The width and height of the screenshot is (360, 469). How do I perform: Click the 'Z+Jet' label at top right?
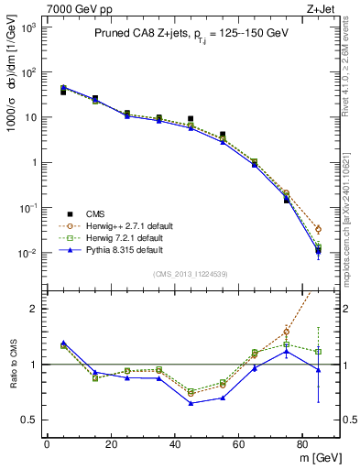point(322,8)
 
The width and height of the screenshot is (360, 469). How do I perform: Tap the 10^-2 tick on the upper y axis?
point(27,253)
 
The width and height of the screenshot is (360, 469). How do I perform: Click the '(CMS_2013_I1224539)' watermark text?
point(191,274)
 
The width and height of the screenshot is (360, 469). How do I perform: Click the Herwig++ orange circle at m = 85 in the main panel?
point(318,229)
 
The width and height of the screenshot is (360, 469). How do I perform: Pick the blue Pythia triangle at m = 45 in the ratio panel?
point(191,403)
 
